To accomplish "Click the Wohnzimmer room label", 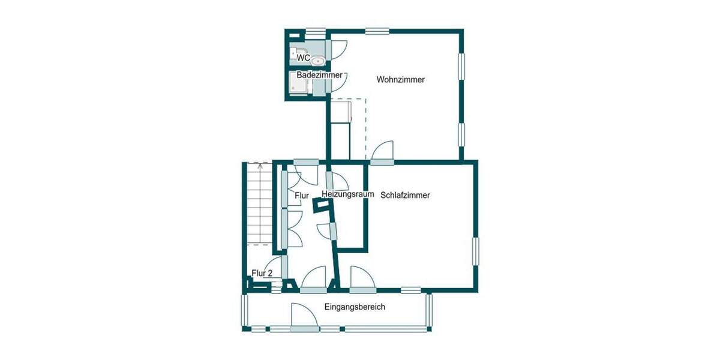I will click(x=401, y=79).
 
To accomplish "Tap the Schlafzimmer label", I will click(x=405, y=195).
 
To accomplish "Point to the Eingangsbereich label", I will click(x=355, y=307).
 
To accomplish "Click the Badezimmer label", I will click(x=320, y=75).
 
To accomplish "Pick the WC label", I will click(x=303, y=58).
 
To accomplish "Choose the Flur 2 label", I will click(x=262, y=273).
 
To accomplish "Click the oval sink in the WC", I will click(x=319, y=60).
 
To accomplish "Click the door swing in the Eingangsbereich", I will click(x=304, y=317).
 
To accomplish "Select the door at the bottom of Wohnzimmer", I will click(x=383, y=154).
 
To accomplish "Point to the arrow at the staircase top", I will click(x=259, y=166).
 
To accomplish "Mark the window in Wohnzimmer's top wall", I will click(x=376, y=31).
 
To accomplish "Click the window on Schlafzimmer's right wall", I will click(x=476, y=251).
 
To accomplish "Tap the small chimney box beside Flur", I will click(x=323, y=206).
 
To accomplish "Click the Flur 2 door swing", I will click(x=275, y=267).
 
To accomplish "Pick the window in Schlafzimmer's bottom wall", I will click(x=411, y=290).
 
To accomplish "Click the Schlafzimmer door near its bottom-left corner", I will click(x=362, y=278).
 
